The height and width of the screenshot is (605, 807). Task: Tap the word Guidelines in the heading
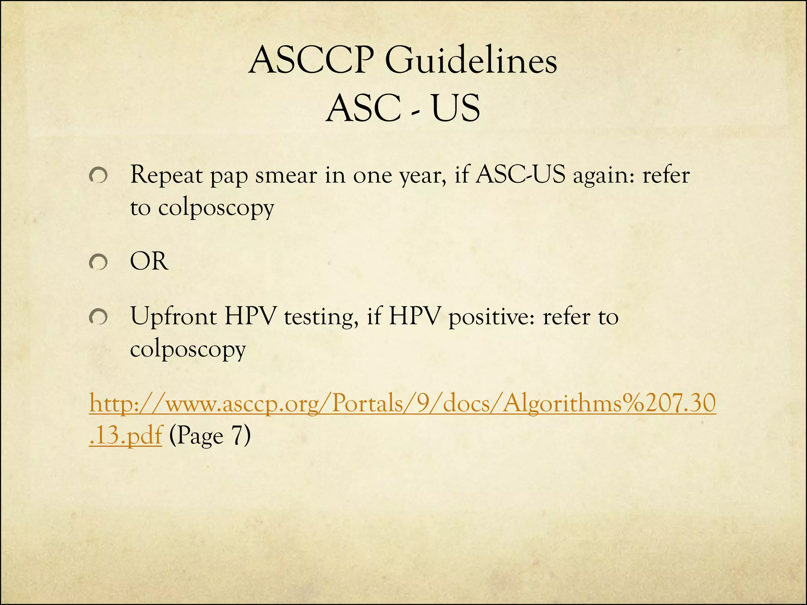pos(470,61)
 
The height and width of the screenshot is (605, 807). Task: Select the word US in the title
pos(456,108)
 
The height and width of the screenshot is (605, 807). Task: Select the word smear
pos(286,175)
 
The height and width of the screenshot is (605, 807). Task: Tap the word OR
pos(149,261)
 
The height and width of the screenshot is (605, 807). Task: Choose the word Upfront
pos(173,317)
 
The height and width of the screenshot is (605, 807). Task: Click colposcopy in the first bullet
pos(216,208)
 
